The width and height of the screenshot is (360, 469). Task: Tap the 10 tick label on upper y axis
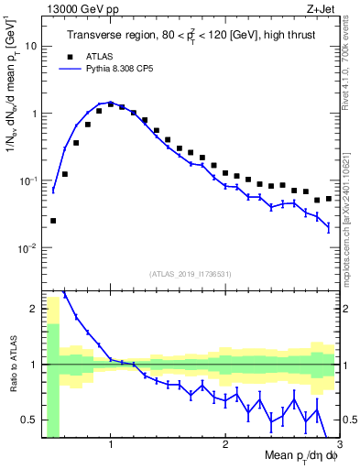31,45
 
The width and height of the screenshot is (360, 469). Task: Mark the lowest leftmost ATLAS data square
53,221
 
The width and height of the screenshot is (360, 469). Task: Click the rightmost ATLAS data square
329,199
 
